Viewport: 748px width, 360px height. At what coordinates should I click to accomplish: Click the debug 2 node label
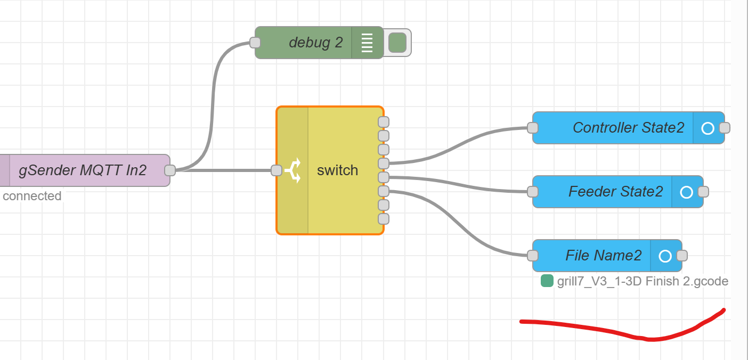[x=315, y=43]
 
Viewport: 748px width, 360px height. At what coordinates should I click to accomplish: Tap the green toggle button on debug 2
[x=397, y=43]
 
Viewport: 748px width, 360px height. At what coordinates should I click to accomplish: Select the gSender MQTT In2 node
[x=83, y=170]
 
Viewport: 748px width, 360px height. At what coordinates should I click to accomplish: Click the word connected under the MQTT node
[x=32, y=196]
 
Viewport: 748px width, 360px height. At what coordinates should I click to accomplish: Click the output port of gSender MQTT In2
[x=170, y=170]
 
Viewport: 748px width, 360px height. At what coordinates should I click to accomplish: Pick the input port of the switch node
[x=276, y=170]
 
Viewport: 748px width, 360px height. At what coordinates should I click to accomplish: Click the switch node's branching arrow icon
[x=292, y=170]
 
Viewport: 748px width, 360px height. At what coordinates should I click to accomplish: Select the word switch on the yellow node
[x=337, y=170]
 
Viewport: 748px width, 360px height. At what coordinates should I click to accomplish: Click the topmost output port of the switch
[x=384, y=122]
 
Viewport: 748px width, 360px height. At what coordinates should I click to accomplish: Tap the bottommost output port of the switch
[x=384, y=219]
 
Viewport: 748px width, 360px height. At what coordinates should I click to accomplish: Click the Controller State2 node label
[x=628, y=128]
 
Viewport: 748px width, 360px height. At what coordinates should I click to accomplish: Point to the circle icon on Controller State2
[x=708, y=128]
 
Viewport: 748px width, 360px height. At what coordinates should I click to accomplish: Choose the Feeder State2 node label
[x=615, y=192]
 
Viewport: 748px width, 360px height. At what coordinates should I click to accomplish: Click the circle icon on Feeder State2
[x=687, y=192]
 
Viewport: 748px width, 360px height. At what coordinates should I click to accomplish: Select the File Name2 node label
[x=603, y=256]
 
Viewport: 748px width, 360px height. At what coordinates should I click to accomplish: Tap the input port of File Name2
[x=533, y=256]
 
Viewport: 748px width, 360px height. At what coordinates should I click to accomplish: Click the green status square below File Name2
[x=547, y=281]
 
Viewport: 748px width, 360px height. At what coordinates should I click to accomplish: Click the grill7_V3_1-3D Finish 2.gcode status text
[x=643, y=281]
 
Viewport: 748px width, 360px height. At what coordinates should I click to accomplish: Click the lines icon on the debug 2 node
[x=367, y=43]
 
